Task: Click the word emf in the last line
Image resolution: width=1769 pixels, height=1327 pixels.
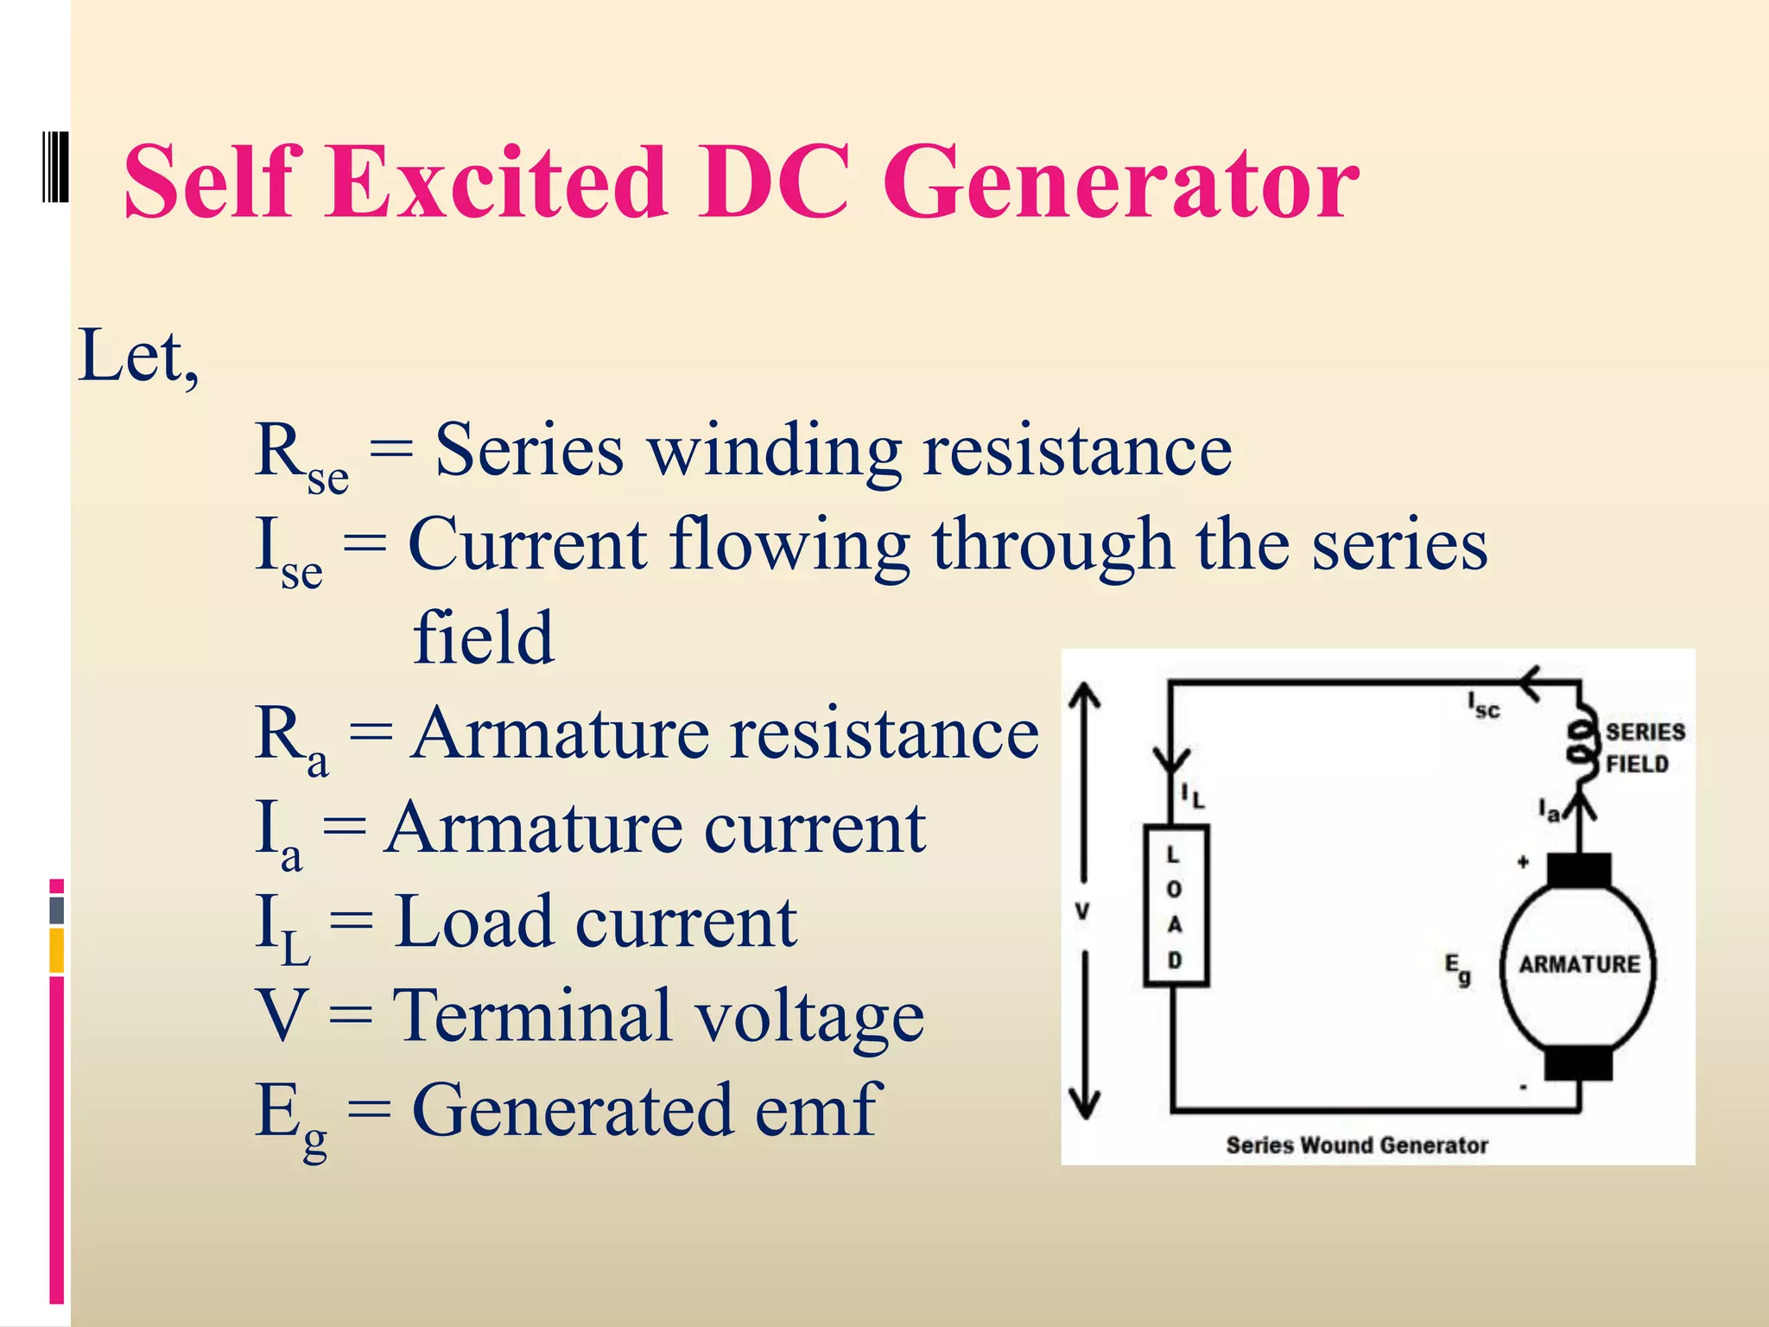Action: click(817, 1110)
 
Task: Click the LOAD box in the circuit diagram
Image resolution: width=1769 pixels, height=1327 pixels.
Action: click(1175, 905)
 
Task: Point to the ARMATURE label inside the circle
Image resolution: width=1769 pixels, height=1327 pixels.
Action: click(1579, 964)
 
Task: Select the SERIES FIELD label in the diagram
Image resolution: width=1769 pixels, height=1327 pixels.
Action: click(1644, 748)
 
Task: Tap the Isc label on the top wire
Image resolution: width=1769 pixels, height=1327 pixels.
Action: click(1484, 706)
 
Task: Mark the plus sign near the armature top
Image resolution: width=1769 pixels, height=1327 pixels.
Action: click(1523, 861)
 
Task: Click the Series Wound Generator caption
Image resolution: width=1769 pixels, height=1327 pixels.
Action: click(1356, 1146)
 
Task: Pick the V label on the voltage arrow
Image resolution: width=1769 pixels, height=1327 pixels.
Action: click(1082, 911)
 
